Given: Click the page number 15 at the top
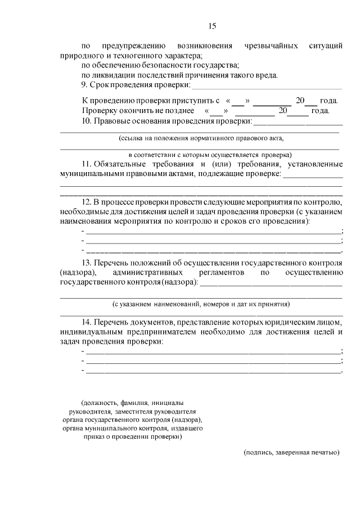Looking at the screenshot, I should [x=212, y=26].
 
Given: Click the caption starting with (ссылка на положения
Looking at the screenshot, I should [x=201, y=137].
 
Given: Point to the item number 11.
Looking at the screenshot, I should [x=87, y=164].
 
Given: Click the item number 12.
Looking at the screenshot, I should [x=87, y=202].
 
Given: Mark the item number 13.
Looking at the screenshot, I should [x=87, y=263].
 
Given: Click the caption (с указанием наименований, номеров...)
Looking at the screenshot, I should [x=201, y=304].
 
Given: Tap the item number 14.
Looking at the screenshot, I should [x=87, y=322].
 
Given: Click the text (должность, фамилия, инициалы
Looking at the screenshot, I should [x=132, y=403].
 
